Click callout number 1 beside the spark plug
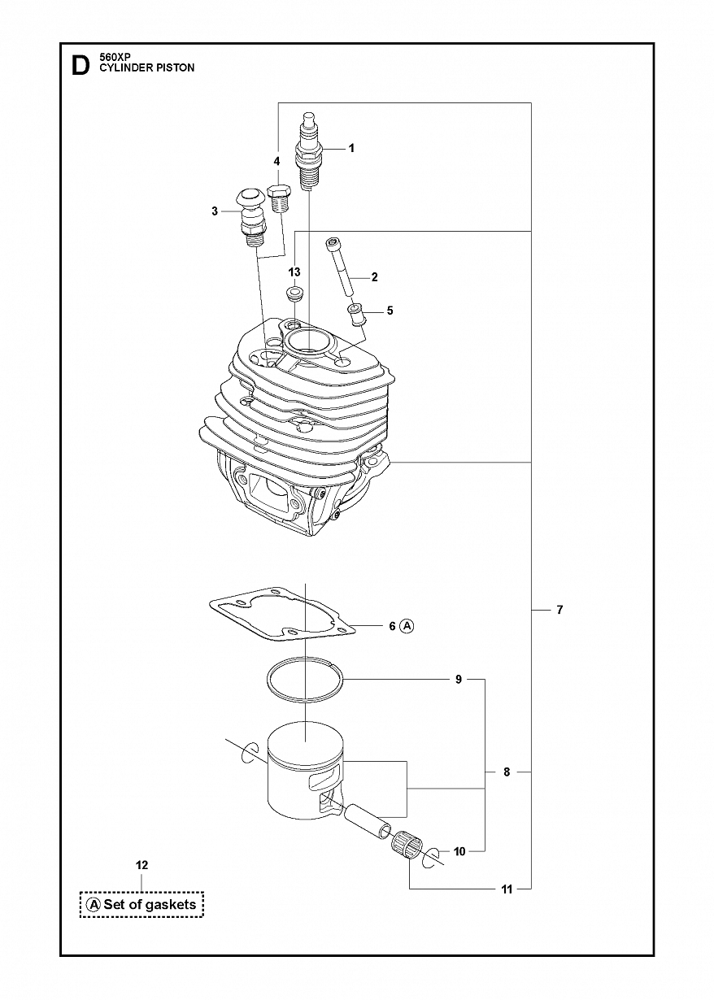point(351,148)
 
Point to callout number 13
point(294,272)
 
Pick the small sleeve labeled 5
point(357,315)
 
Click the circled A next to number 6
point(407,626)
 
